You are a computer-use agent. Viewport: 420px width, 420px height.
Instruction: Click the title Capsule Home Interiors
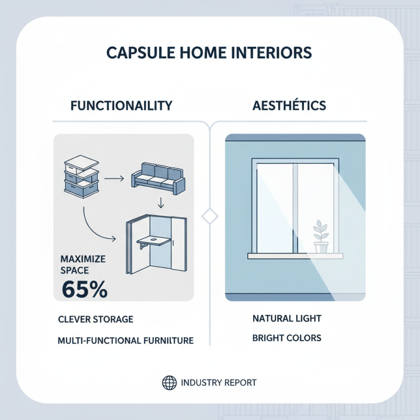click(x=209, y=53)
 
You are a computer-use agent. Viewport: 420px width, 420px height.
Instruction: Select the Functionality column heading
click(x=121, y=106)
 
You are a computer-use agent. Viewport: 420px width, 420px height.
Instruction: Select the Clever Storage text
click(x=96, y=319)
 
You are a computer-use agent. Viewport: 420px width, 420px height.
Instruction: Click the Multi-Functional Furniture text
click(x=125, y=341)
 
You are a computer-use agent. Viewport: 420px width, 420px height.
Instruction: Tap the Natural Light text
click(x=287, y=319)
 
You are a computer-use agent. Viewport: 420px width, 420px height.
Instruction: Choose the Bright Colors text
click(x=287, y=338)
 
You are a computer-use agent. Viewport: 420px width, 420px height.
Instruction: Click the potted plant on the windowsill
click(x=320, y=237)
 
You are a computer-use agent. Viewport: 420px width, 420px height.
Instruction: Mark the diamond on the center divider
click(x=210, y=216)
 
